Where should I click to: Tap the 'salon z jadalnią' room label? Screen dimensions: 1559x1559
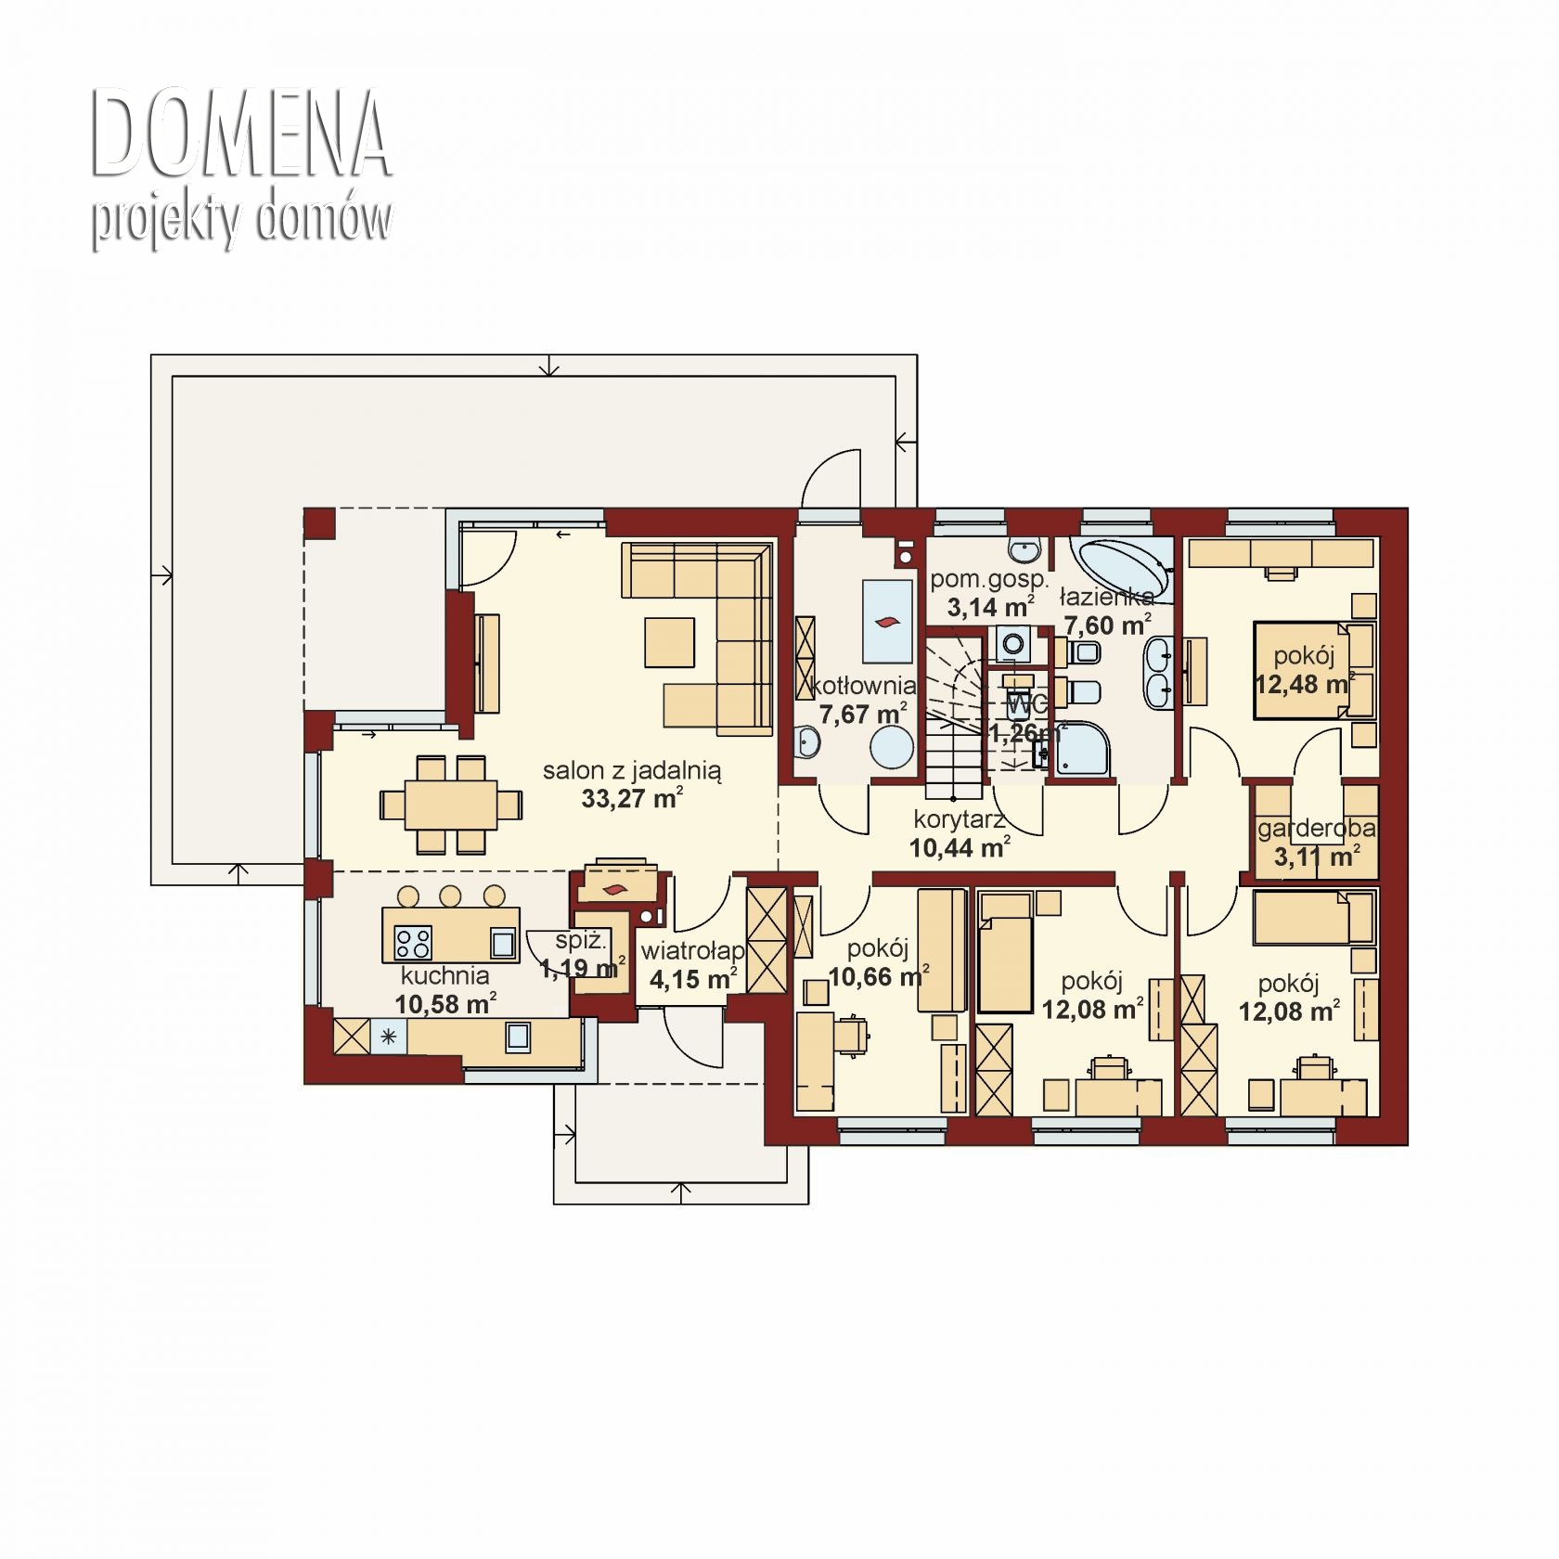coord(632,769)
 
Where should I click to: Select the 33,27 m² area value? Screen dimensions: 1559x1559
coord(632,798)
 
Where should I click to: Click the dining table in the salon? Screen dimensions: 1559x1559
coord(451,804)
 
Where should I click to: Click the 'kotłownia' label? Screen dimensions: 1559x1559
coord(863,686)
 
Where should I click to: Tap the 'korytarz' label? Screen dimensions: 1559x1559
coord(960,819)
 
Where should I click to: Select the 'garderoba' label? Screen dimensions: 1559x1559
coord(1317,828)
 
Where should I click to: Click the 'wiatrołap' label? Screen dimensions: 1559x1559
coord(692,951)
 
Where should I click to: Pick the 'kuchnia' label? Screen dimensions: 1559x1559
coord(445,975)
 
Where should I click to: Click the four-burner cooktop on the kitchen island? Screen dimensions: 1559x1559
coord(413,943)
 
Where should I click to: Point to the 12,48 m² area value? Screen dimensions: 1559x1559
coord(1304,685)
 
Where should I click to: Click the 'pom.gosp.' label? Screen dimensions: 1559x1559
coord(990,580)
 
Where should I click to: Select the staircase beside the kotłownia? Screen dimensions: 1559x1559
coord(953,715)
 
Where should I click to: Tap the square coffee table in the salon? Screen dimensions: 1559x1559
coord(670,642)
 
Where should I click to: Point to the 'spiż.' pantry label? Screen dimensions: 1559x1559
coord(581,941)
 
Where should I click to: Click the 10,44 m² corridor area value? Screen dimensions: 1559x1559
coord(960,847)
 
